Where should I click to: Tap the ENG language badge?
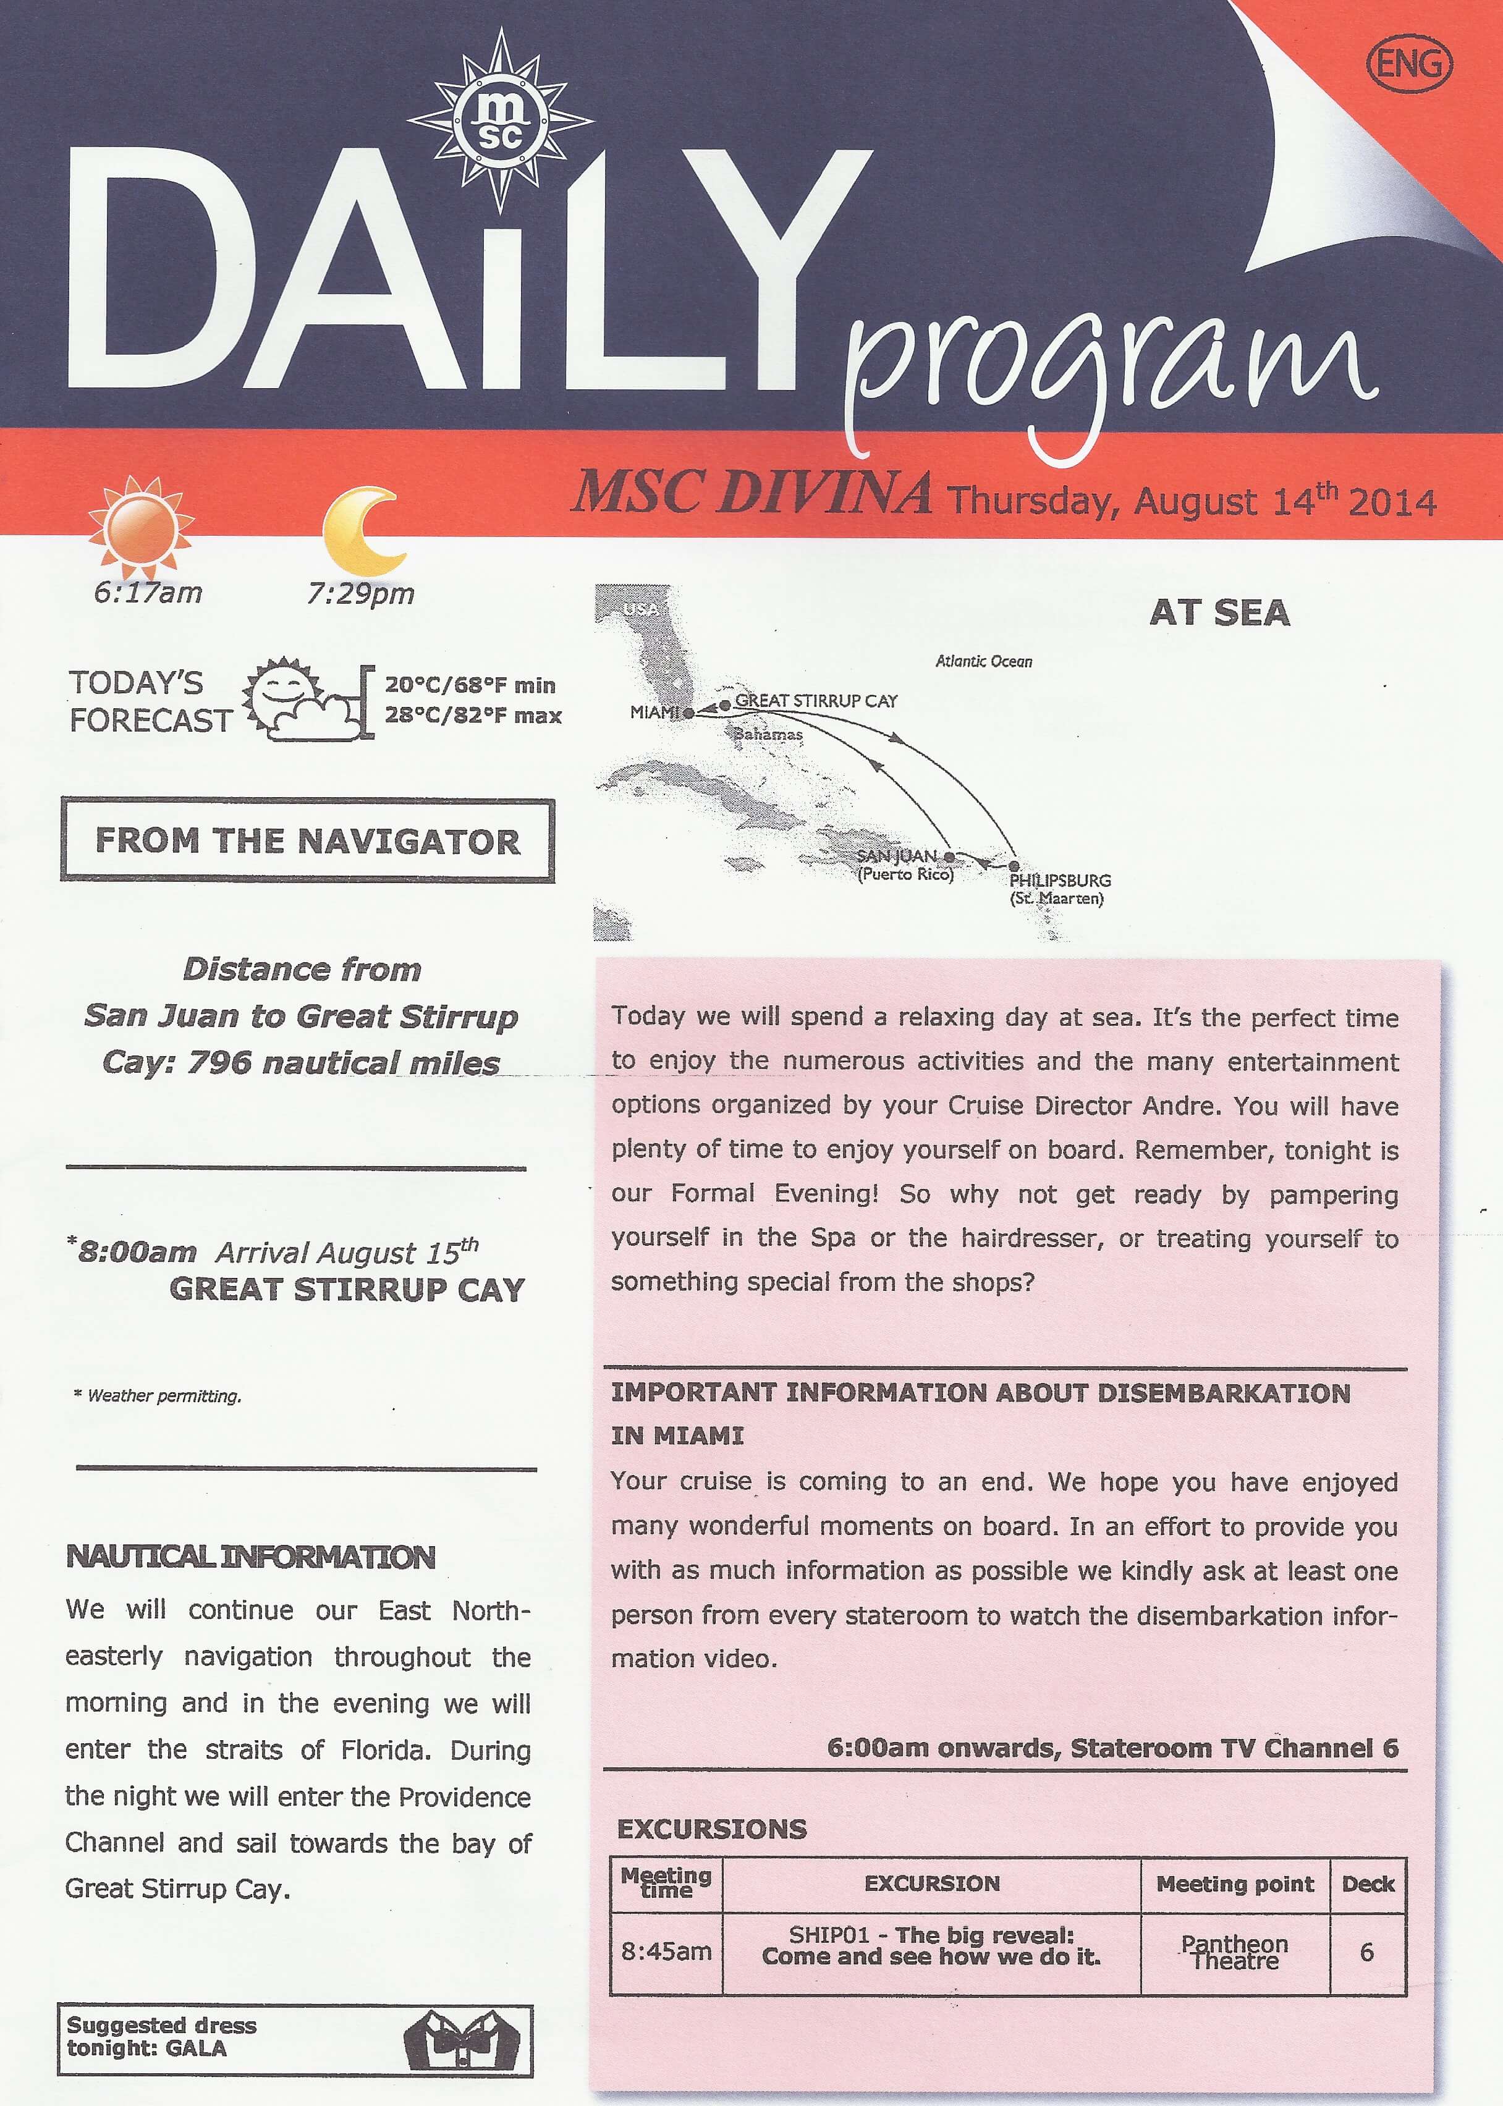pyautogui.click(x=1408, y=64)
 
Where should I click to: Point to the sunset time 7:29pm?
pyautogui.click(x=361, y=593)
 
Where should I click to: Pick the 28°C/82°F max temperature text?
pyautogui.click(x=473, y=715)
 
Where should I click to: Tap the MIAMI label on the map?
pyautogui.click(x=654, y=713)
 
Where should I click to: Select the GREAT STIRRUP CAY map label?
pyautogui.click(x=815, y=701)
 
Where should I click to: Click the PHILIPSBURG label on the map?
pyautogui.click(x=1060, y=880)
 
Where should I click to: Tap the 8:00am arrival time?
pyautogui.click(x=136, y=1253)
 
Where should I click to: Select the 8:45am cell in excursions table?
pyautogui.click(x=666, y=1952)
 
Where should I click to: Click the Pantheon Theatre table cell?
pyautogui.click(x=1235, y=1952)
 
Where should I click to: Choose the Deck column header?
pyautogui.click(x=1368, y=1884)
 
